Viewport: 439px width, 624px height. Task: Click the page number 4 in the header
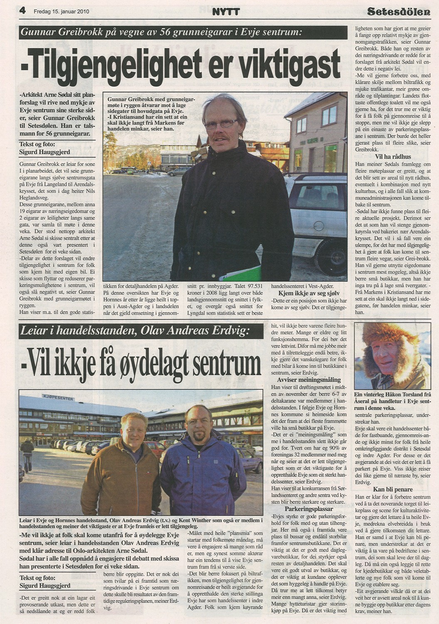click(22, 11)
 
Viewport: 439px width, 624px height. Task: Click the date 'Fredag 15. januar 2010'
click(61, 12)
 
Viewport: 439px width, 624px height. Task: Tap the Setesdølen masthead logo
click(399, 12)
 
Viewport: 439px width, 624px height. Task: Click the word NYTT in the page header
click(226, 12)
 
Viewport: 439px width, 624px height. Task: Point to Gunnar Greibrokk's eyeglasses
click(221, 124)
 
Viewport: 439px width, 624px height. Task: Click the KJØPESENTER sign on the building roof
click(58, 398)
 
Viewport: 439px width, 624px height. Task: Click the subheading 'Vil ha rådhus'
click(392, 156)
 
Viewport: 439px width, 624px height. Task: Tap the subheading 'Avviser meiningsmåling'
click(309, 380)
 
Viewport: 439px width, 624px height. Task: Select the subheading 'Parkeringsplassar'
click(309, 509)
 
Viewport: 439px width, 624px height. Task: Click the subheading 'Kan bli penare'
click(392, 489)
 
